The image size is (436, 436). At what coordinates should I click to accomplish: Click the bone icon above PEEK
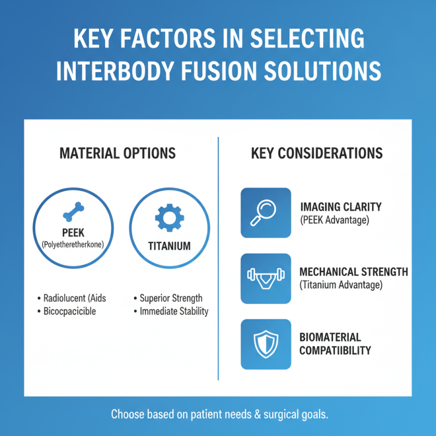74,211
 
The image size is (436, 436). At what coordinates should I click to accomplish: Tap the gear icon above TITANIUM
169,219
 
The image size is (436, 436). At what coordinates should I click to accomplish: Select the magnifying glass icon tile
266,213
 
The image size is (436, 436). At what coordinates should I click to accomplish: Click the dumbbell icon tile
266,278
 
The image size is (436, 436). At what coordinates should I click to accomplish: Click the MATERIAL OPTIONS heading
118,153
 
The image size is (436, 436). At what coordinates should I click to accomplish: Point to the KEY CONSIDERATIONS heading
317,153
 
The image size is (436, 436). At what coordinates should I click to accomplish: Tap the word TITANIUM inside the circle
169,246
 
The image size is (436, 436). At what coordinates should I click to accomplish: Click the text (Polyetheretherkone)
74,245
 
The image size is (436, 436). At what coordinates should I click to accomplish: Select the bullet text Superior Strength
171,298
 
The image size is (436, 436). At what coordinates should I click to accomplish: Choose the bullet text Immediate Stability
174,312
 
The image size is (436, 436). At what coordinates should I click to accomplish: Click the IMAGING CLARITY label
341,207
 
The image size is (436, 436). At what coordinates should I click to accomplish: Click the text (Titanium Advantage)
341,284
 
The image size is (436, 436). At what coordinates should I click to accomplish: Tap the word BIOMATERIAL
330,337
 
